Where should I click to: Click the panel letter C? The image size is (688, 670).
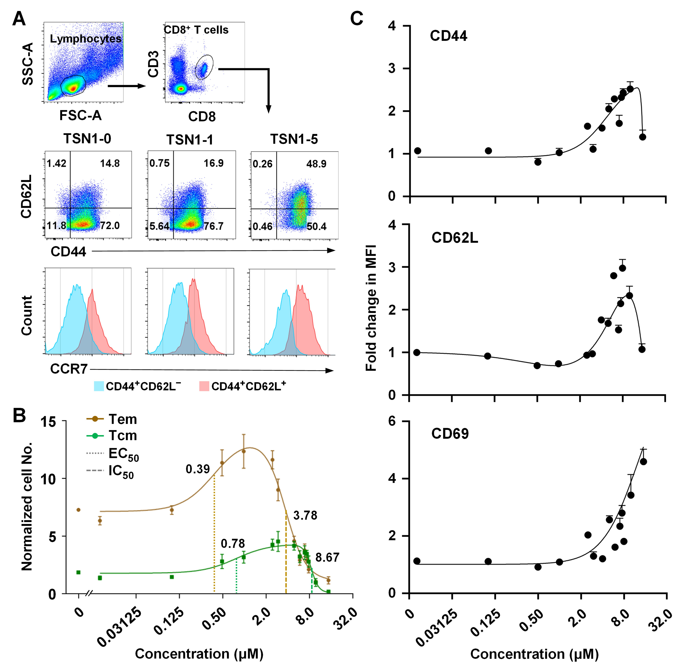click(357, 18)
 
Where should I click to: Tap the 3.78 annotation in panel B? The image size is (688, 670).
click(305, 516)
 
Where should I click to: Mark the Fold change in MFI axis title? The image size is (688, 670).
click(371, 308)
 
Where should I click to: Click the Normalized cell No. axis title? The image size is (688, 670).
click(27, 507)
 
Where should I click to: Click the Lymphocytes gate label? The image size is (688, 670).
click(85, 39)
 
